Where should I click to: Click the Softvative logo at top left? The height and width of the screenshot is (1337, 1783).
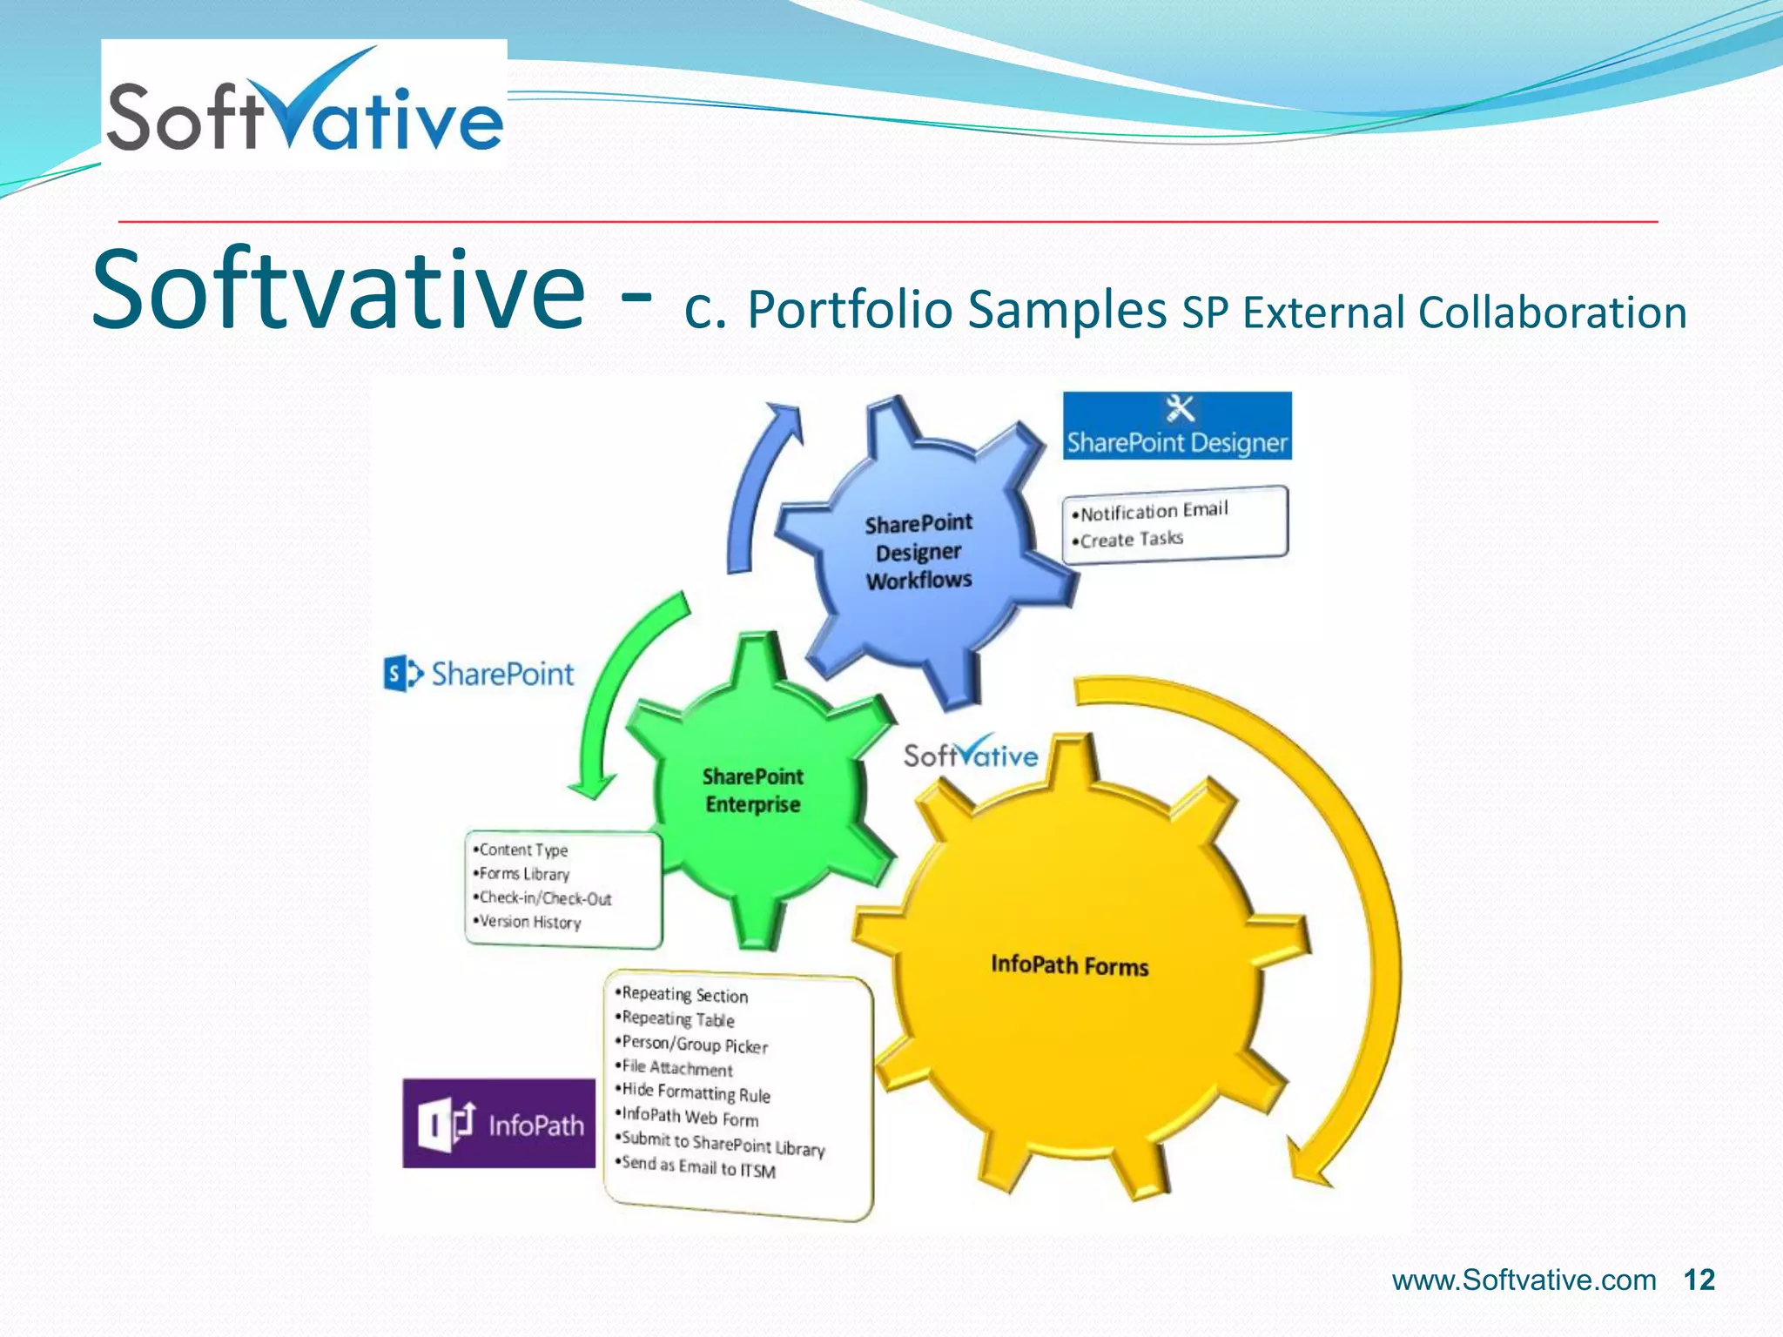coord(304,104)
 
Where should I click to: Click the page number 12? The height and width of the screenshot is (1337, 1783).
coord(1699,1280)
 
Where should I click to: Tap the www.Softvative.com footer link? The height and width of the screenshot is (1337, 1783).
coord(1524,1280)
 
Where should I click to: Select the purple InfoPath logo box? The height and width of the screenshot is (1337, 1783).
coord(499,1124)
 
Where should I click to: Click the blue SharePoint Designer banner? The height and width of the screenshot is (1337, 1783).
coord(1176,427)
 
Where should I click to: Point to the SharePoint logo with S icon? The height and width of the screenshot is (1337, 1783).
coord(478,674)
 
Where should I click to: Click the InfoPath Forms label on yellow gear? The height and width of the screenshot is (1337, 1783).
coord(1069,965)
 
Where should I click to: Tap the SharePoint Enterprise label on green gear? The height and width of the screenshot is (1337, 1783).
coord(752,790)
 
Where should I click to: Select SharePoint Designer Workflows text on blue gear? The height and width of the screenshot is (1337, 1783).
coord(918,552)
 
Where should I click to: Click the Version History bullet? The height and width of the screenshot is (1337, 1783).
coord(529,922)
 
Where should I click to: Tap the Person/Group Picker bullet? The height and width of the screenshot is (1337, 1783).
coord(695,1044)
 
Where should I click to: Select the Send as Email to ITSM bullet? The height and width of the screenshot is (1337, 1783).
coord(698,1166)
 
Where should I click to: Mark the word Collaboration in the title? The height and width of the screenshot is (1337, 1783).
coord(1552,312)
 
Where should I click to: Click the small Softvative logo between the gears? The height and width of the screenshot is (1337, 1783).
coord(970,753)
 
